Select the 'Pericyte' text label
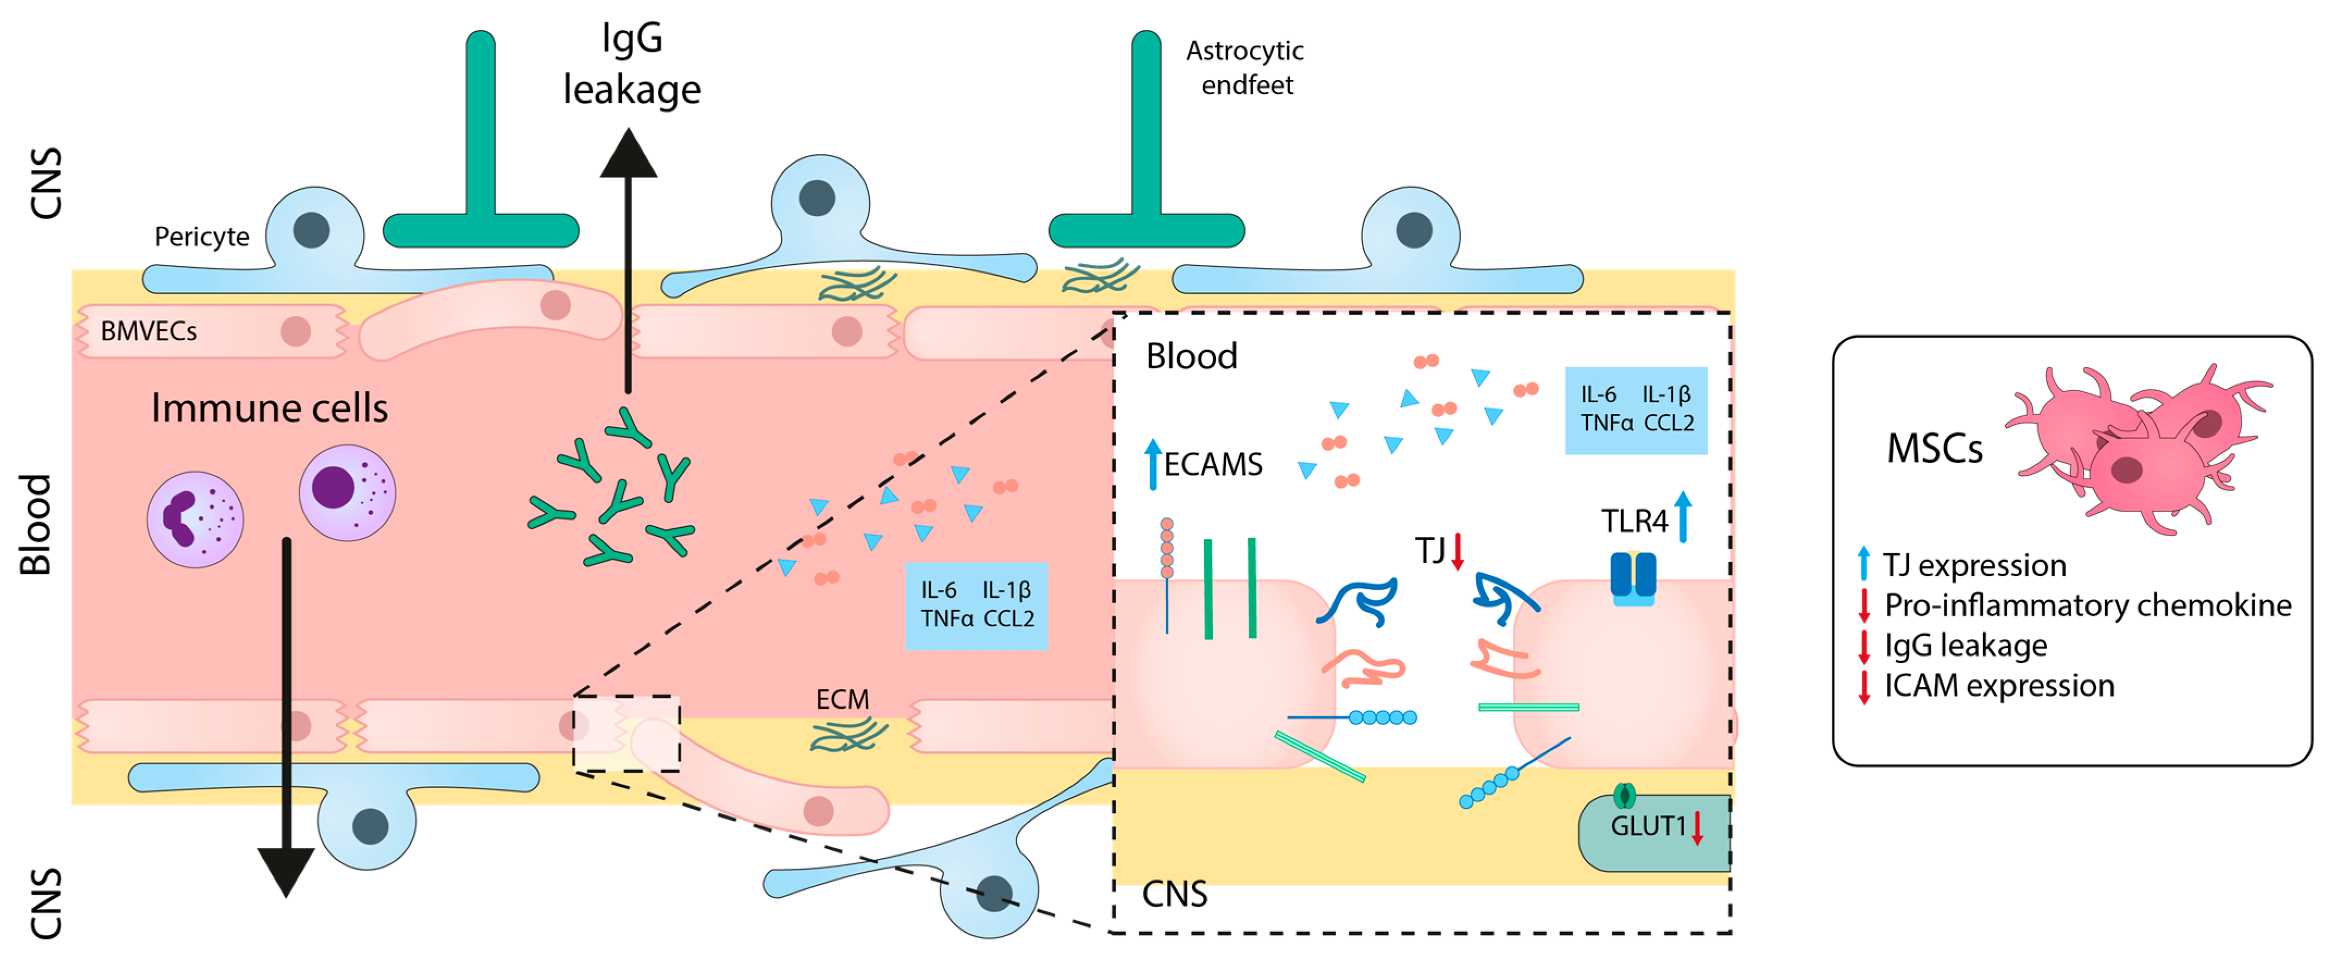[x=202, y=237]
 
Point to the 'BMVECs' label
[x=148, y=331]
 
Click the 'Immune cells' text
[x=269, y=408]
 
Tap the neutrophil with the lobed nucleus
[x=195, y=519]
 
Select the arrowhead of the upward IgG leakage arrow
[x=628, y=152]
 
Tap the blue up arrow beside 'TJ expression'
[x=1863, y=563]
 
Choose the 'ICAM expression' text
[x=1999, y=685]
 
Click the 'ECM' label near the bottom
[x=842, y=699]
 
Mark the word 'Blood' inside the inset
[x=1192, y=356]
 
